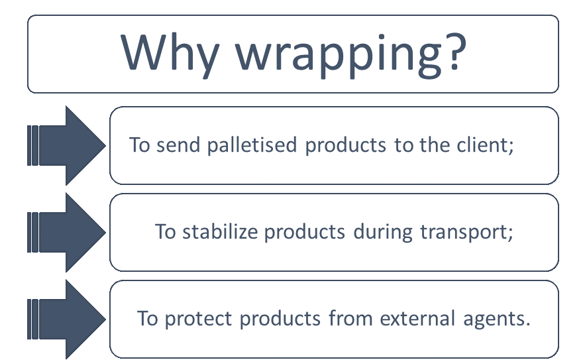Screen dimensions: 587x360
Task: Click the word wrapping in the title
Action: pos(339,56)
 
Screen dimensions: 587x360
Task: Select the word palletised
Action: pos(252,145)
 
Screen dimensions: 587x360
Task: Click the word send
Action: pos(178,145)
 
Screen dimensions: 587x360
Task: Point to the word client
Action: pos(483,145)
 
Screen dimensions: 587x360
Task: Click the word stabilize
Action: pos(220,231)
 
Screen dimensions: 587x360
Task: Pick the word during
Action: pos(382,232)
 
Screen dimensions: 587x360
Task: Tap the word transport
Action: pos(464,233)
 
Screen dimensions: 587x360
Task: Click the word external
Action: pos(417,318)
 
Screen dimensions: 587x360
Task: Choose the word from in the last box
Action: pos(350,318)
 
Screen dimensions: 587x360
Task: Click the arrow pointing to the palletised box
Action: pos(67,145)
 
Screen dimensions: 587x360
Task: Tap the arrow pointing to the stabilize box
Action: pos(67,232)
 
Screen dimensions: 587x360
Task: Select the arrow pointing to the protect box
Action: pos(67,319)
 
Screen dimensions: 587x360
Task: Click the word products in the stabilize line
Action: pos(304,232)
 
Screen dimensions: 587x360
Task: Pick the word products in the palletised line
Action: pos(345,146)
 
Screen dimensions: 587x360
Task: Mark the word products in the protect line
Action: pos(280,319)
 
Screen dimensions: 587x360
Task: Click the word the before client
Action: pos(434,145)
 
